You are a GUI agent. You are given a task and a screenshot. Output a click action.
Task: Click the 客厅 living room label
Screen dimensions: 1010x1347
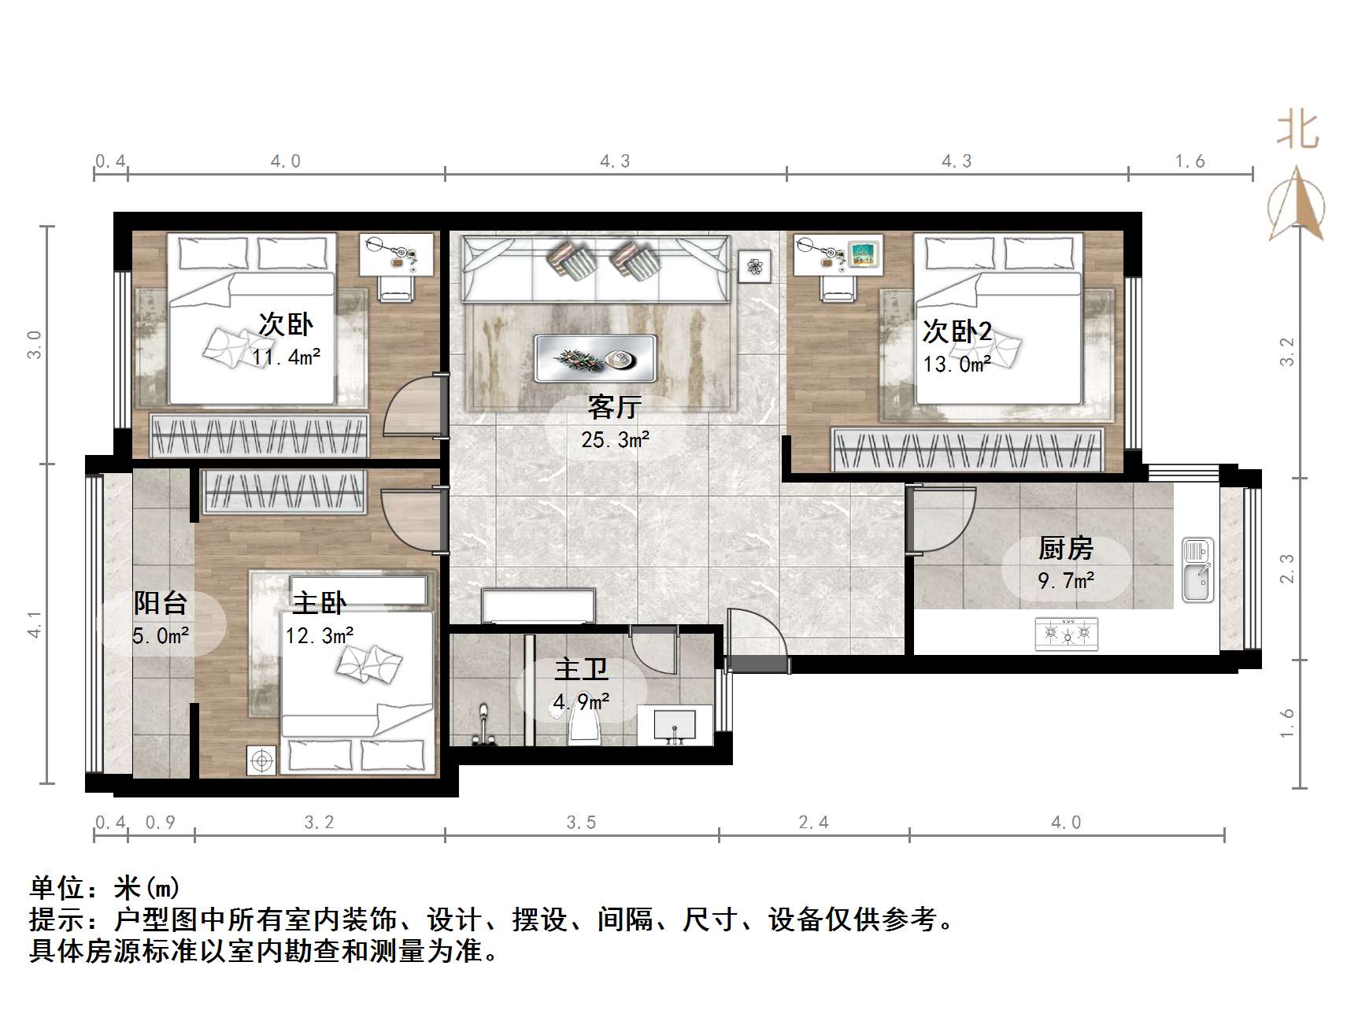point(614,408)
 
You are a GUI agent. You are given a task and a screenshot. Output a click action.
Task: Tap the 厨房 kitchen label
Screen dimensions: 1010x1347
point(1066,548)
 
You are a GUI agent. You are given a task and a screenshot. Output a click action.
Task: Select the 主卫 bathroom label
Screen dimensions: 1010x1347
point(581,670)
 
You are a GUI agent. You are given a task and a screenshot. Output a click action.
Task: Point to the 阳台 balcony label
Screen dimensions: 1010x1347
point(160,603)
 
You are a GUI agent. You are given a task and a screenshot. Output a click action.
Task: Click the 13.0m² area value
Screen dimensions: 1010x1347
point(957,364)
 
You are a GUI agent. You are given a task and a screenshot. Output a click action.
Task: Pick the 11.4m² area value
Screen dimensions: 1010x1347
point(286,357)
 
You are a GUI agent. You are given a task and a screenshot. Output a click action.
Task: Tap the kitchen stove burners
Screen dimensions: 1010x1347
point(1067,632)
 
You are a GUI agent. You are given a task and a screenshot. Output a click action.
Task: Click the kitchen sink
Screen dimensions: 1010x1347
point(1197,570)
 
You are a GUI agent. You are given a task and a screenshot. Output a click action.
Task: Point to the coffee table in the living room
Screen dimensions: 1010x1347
point(595,359)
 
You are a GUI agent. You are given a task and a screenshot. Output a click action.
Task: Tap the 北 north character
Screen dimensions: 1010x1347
point(1297,131)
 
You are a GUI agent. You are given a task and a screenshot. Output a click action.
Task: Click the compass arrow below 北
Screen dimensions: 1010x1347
point(1297,205)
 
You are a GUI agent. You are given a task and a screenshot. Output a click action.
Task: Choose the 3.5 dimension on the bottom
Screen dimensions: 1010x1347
point(581,823)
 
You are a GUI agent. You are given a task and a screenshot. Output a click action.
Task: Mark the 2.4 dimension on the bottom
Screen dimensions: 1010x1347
point(813,823)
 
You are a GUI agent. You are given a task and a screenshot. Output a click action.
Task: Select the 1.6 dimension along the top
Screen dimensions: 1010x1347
point(1190,161)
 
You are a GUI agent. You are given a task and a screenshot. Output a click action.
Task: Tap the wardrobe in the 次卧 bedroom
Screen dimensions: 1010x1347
point(260,436)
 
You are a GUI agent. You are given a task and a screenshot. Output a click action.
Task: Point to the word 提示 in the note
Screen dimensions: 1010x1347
point(57,919)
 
